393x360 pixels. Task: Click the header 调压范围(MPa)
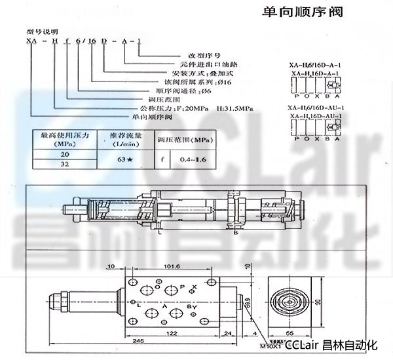(185, 140)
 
